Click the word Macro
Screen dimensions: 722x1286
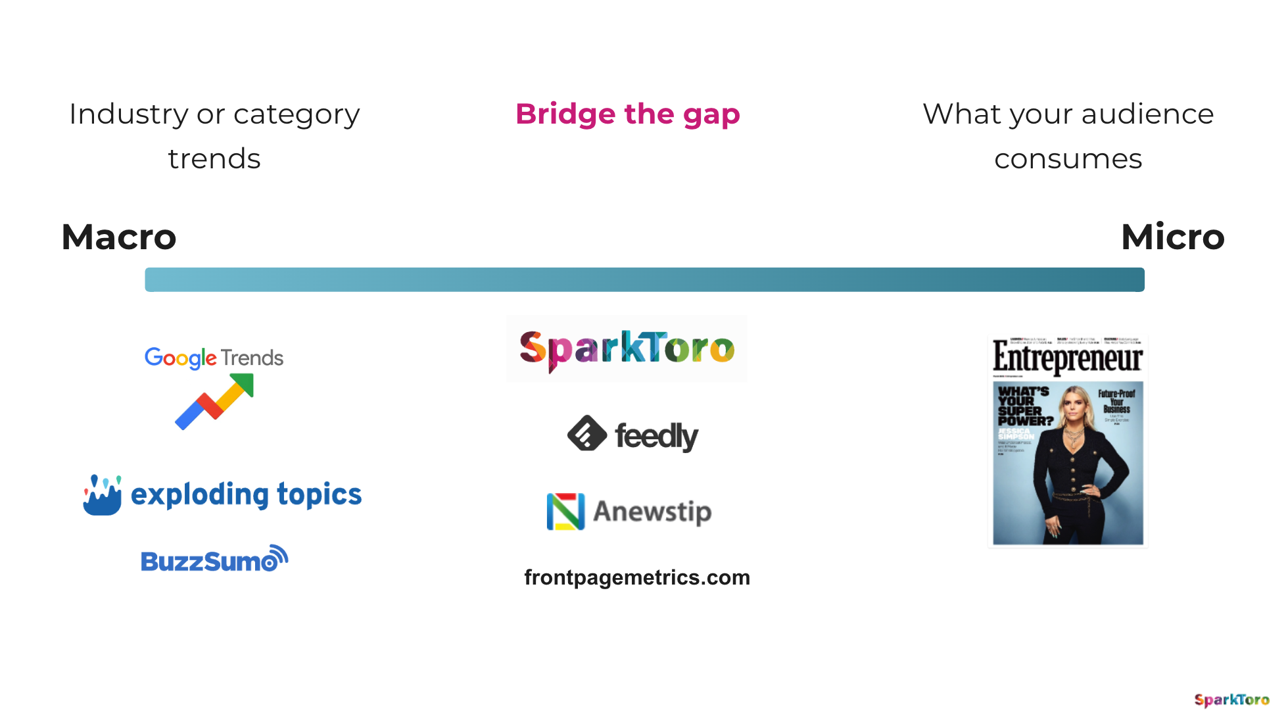pyautogui.click(x=119, y=237)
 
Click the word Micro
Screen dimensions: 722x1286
pyautogui.click(x=1172, y=237)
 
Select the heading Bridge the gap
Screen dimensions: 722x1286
pyautogui.click(x=627, y=114)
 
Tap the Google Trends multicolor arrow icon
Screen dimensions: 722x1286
pyautogui.click(x=214, y=401)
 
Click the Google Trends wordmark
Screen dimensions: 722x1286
pyautogui.click(x=214, y=358)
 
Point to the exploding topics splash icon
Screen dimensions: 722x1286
pyautogui.click(x=102, y=495)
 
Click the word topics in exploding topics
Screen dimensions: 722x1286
pyautogui.click(x=319, y=494)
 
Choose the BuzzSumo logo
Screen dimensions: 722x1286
pyautogui.click(x=214, y=560)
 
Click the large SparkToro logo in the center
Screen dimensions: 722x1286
pyautogui.click(x=627, y=349)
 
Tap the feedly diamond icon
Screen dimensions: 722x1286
pyautogui.click(x=586, y=433)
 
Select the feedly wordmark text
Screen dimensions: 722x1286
pyautogui.click(x=656, y=437)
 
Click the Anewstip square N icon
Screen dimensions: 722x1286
pyautogui.click(x=565, y=512)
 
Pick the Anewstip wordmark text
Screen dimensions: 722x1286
pyautogui.click(x=652, y=512)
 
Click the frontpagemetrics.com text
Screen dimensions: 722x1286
pyautogui.click(x=636, y=577)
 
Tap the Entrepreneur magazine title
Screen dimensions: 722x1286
pyautogui.click(x=1068, y=358)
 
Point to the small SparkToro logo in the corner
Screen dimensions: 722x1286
pyautogui.click(x=1231, y=700)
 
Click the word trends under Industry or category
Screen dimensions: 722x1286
pyautogui.click(x=214, y=159)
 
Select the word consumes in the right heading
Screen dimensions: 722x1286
pyautogui.click(x=1068, y=159)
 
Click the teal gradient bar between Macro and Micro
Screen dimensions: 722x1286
pyautogui.click(x=644, y=279)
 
